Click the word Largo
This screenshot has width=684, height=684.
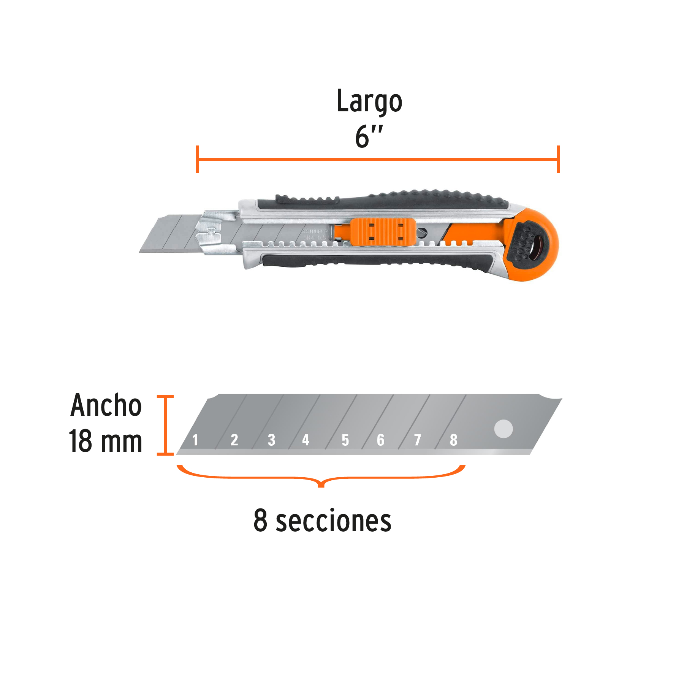(369, 101)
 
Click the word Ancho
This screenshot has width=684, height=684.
(106, 405)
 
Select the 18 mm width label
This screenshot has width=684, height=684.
(105, 441)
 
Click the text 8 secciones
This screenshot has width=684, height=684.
(322, 521)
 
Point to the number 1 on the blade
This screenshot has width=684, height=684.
(195, 440)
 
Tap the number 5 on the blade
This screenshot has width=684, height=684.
(345, 440)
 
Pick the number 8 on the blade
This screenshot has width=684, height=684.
(453, 440)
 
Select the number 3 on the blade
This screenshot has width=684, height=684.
(271, 440)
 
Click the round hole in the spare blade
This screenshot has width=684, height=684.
(503, 429)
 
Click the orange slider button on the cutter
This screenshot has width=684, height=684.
(383, 231)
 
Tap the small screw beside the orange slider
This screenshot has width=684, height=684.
(422, 233)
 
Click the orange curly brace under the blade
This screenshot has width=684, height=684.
(321, 478)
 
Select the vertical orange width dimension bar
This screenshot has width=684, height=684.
(165, 425)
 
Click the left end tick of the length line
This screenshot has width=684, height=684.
(197, 159)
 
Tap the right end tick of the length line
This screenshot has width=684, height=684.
(558, 159)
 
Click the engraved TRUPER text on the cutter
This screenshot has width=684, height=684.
(315, 231)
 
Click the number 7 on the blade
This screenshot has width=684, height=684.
(417, 440)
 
